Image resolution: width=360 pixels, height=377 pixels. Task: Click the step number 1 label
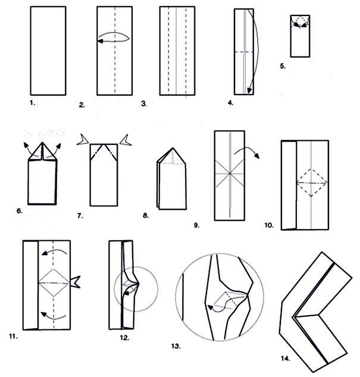[x=33, y=103]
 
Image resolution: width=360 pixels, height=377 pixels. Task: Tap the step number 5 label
[x=283, y=66]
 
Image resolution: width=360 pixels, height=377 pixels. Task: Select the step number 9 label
[x=196, y=225]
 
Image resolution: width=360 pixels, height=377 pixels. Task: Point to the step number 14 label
[x=286, y=359]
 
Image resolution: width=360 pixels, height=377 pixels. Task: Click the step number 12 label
[x=124, y=338]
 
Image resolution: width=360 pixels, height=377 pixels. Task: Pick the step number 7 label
[x=80, y=216]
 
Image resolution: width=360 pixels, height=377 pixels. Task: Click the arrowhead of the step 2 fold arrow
[x=100, y=42]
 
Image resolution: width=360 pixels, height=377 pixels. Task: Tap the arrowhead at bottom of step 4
[x=249, y=90]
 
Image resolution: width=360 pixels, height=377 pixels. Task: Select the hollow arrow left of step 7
[x=83, y=140]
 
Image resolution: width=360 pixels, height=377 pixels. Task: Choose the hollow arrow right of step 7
[x=126, y=140]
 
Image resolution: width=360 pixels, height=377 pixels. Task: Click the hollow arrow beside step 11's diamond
[x=75, y=282]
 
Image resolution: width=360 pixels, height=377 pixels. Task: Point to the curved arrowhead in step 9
[x=257, y=156]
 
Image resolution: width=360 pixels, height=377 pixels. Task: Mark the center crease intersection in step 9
[x=230, y=174]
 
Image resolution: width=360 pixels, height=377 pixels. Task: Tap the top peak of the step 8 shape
[x=173, y=148]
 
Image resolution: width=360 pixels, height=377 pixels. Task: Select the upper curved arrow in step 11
[x=54, y=250]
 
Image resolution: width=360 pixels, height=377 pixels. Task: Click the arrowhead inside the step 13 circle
[x=211, y=308]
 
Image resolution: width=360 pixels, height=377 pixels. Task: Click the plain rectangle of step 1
[x=48, y=51]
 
